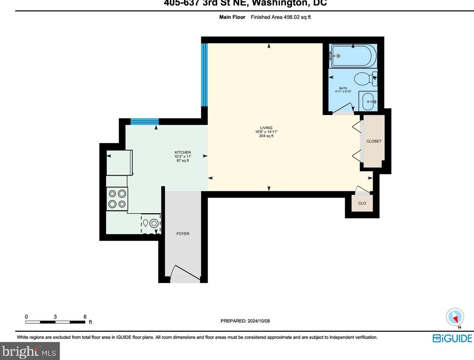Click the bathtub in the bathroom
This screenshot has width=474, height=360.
click(x=353, y=56)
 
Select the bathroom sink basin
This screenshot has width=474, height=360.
click(x=367, y=102)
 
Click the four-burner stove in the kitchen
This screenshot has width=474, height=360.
click(x=117, y=199)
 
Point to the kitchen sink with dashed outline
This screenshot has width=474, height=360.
click(x=151, y=224)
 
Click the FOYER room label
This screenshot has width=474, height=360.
click(x=183, y=234)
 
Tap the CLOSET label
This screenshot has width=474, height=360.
click(x=374, y=141)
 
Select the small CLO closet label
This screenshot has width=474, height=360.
click(x=362, y=203)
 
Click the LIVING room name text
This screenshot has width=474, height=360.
click(x=266, y=128)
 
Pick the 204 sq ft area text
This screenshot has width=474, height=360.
click(x=266, y=136)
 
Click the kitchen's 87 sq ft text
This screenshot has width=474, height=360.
click(x=183, y=161)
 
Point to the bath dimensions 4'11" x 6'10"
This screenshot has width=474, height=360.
click(x=343, y=92)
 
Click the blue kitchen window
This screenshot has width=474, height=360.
click(x=145, y=121)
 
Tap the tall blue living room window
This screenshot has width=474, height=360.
click(x=204, y=75)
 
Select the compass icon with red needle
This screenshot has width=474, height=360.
click(x=455, y=317)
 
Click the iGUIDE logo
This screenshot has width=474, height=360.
click(x=452, y=338)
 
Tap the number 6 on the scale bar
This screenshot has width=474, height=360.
click(x=85, y=317)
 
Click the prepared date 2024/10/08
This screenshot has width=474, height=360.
click(x=259, y=321)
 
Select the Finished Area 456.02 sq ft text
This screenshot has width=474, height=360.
click(x=281, y=17)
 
